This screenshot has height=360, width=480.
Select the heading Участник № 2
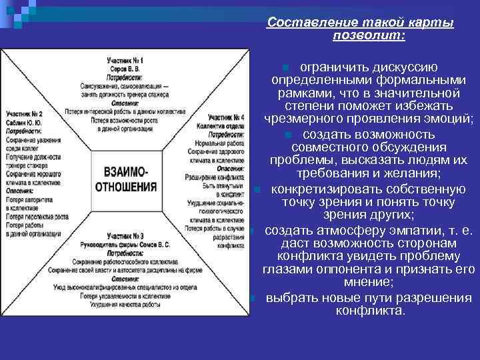[x=24, y=114]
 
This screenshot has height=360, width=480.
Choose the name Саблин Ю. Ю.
[x=24, y=123]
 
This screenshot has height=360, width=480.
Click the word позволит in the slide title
[x=368, y=35]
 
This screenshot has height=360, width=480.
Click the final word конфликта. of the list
[x=370, y=310]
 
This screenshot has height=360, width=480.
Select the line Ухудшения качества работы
[x=125, y=302]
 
